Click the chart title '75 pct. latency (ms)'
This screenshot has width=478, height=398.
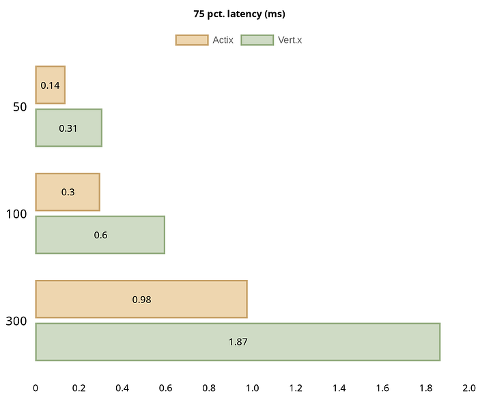238,14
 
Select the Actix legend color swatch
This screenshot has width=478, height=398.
191,40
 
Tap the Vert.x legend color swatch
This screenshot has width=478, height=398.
257,40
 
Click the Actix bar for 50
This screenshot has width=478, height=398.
50,85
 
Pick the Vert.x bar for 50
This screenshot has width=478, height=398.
68,128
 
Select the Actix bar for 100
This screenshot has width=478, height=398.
68,192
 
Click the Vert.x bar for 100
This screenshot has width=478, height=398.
100,235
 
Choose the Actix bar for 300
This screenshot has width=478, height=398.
141,299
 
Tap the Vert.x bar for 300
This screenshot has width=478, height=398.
238,341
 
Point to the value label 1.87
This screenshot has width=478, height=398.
238,341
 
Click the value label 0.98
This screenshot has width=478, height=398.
141,299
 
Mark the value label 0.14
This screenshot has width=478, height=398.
50,85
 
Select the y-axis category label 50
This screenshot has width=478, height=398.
20,106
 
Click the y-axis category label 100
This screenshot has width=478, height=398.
16,214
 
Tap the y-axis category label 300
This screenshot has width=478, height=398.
16,321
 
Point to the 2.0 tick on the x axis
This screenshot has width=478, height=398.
468,388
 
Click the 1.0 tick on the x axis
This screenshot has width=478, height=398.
252,388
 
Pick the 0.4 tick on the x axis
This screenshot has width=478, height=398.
122,388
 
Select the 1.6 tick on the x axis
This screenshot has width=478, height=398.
382,388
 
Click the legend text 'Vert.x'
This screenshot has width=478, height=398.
290,40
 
